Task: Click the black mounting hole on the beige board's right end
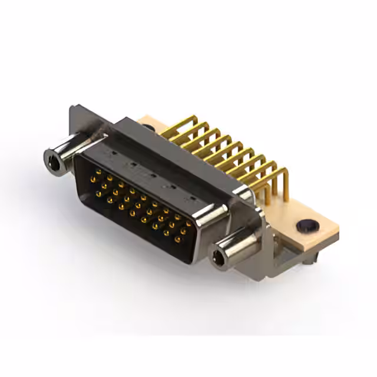[305, 225]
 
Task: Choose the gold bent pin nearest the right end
[280, 177]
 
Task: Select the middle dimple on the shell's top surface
[151, 176]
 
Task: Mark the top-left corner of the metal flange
[72, 108]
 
